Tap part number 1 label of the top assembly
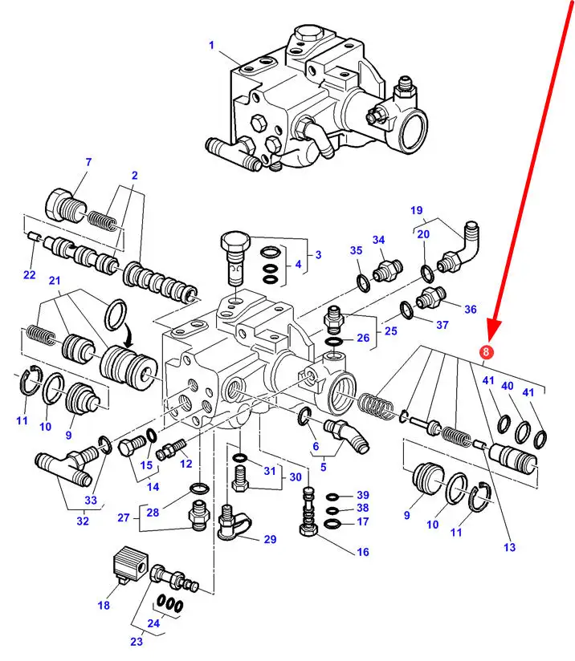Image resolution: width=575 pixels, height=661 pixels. click(x=211, y=46)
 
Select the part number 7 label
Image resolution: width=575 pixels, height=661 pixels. click(x=88, y=163)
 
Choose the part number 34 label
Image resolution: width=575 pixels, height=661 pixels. click(x=379, y=240)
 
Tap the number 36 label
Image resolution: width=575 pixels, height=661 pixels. click(x=470, y=309)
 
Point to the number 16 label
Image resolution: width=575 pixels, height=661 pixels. click(x=362, y=552)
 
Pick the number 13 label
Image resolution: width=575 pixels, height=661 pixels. click(x=509, y=548)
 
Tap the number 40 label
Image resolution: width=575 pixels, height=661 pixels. click(x=508, y=386)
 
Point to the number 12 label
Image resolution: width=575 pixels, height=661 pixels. click(x=186, y=464)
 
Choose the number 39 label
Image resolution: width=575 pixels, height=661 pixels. click(x=362, y=494)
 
